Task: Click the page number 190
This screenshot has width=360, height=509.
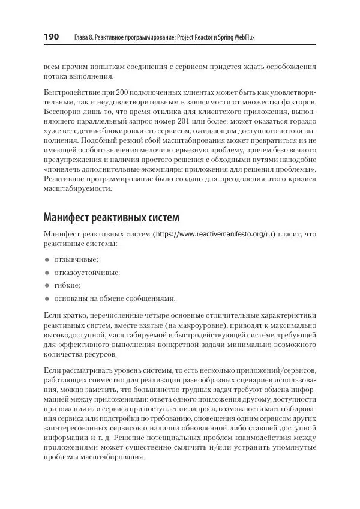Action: (x=50, y=37)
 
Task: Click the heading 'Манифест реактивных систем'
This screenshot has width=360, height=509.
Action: (x=112, y=217)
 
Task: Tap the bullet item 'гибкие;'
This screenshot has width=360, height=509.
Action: (x=67, y=285)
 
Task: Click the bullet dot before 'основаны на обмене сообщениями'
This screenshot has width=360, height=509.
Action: (x=47, y=298)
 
